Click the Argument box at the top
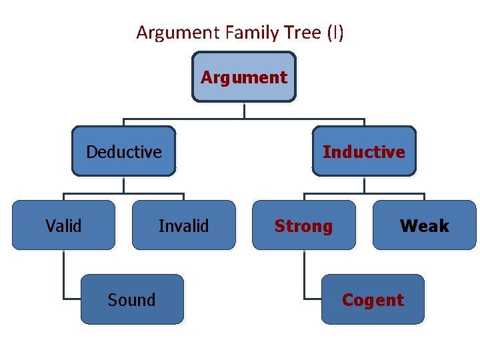click(244, 77)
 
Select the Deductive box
click(124, 151)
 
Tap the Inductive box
click(364, 151)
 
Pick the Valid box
click(63, 225)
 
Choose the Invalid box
click(183, 225)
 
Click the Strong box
click(304, 225)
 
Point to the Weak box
click(425, 225)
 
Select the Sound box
click(132, 299)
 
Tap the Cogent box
click(373, 299)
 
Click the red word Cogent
click(373, 300)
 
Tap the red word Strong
click(303, 226)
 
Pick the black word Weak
click(425, 226)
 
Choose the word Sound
click(131, 300)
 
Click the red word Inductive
click(364, 152)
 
